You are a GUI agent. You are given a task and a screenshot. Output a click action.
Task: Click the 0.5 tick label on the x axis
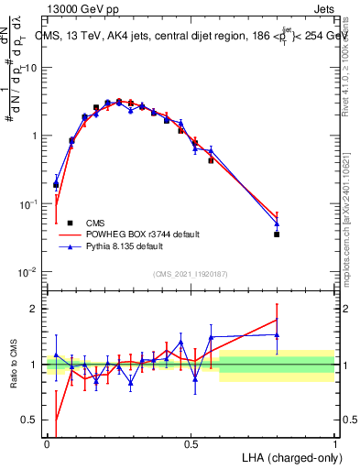[191, 442]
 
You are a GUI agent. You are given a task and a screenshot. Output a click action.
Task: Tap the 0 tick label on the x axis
[47, 442]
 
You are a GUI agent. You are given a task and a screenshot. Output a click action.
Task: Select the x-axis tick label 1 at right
[334, 442]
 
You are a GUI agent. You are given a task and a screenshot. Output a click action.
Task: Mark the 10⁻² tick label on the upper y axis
[28, 272]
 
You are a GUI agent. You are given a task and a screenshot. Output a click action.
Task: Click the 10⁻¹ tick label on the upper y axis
[28, 204]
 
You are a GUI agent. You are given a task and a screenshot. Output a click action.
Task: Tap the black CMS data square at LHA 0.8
[277, 234]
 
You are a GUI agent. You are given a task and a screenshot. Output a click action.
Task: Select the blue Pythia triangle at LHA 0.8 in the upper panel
[277, 224]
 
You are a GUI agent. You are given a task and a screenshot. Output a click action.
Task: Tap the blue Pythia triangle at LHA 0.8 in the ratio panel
[277, 334]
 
